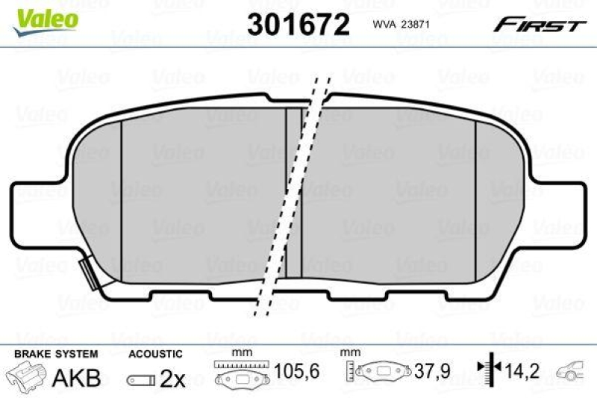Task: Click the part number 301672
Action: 298,25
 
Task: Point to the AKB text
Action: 75,378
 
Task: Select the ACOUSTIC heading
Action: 155,353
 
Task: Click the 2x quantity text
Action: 172,379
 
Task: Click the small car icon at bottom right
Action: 575,370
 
